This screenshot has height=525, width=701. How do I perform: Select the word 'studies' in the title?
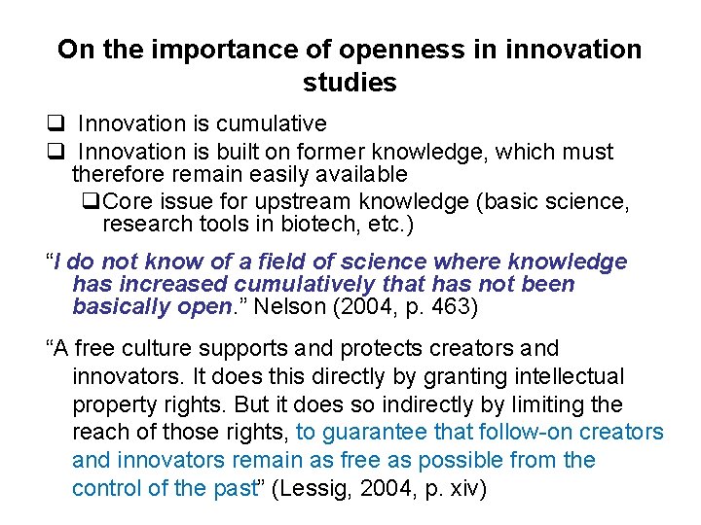pos(350,84)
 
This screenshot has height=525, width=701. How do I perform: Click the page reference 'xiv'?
pos(460,488)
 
